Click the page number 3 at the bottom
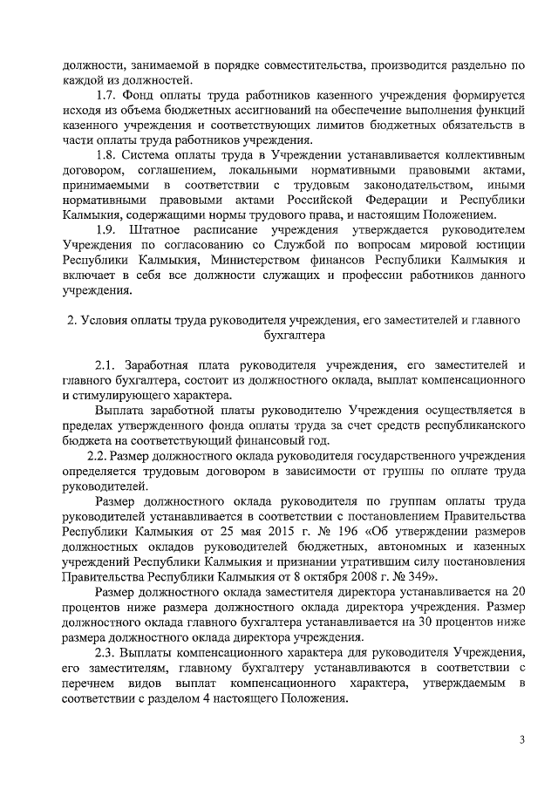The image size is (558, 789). pyautogui.click(x=521, y=740)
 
